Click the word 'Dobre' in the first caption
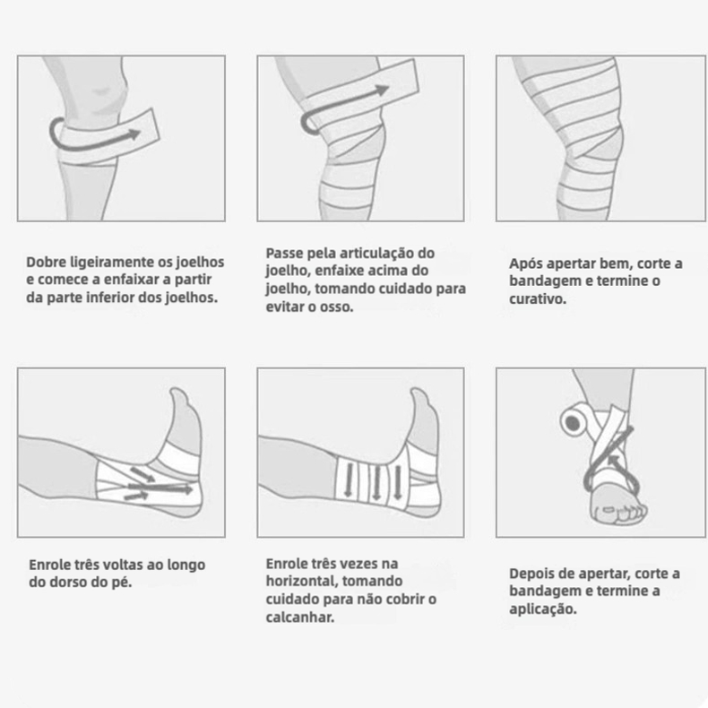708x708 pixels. [47, 262]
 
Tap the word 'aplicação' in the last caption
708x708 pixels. [542, 609]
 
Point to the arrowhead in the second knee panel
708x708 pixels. [382, 90]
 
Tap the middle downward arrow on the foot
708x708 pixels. [376, 484]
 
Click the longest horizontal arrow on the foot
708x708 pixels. [160, 488]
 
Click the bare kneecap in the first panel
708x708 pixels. [105, 92]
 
